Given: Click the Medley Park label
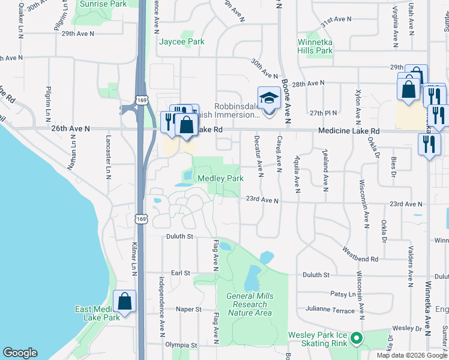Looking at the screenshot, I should tap(220, 179).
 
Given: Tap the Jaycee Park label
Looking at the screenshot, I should tap(181, 42).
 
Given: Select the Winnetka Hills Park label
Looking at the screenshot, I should tap(315, 47).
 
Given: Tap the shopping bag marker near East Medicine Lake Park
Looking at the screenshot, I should tap(124, 302).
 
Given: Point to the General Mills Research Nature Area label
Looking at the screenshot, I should tap(249, 304).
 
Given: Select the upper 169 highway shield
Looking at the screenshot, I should tap(141, 99).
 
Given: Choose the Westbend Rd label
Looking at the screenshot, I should tap(361, 254).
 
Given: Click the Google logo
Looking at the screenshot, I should tap(20, 353).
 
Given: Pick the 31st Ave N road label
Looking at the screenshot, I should tap(336, 20).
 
